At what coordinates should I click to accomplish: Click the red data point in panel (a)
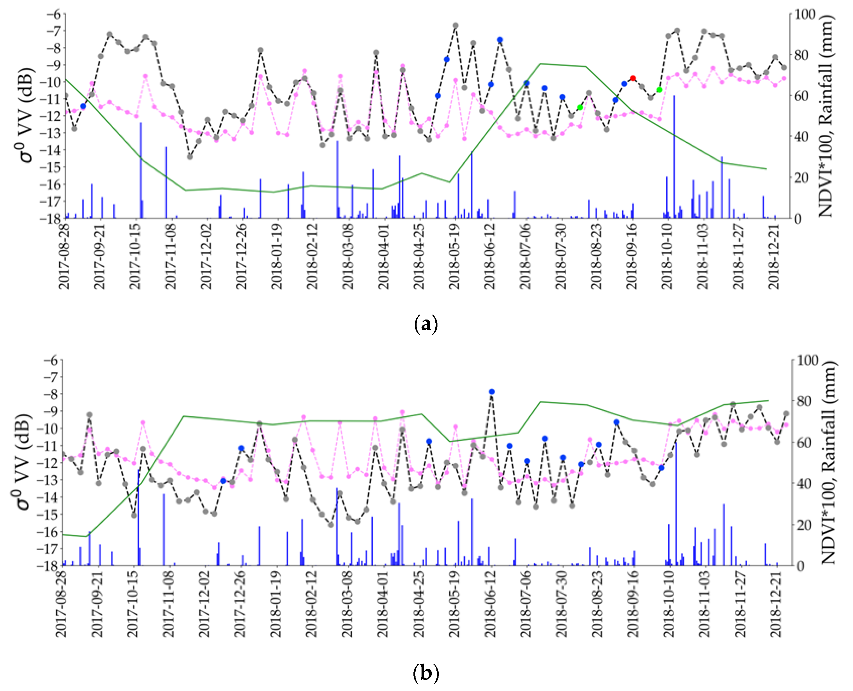pyautogui.click(x=633, y=78)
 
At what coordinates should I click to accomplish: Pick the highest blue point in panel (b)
pyautogui.click(x=492, y=392)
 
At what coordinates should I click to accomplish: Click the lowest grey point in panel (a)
pyautogui.click(x=190, y=157)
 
